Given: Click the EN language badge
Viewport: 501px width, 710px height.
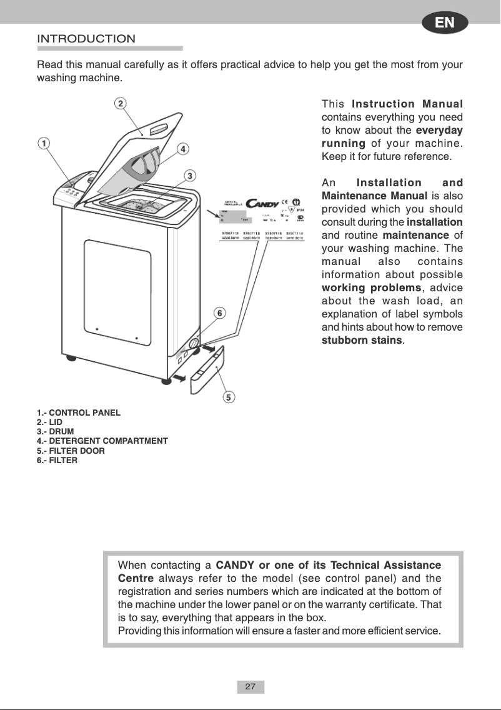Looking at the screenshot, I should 444,23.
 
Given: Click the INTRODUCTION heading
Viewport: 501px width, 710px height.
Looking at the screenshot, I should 86,39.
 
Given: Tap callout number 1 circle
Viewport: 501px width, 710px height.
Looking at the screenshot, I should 43,143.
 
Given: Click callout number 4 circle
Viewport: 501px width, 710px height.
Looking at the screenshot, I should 182,149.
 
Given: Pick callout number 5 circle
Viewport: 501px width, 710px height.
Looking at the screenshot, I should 229,397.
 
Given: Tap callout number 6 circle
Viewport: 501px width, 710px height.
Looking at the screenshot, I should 220,312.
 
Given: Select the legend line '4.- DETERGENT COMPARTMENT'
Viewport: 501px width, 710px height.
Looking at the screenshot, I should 102,441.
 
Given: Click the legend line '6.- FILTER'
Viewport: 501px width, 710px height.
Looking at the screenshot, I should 57,460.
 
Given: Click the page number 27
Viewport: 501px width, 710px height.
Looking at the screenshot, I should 250,687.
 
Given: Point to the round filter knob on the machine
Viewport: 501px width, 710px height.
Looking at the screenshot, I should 194,344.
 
